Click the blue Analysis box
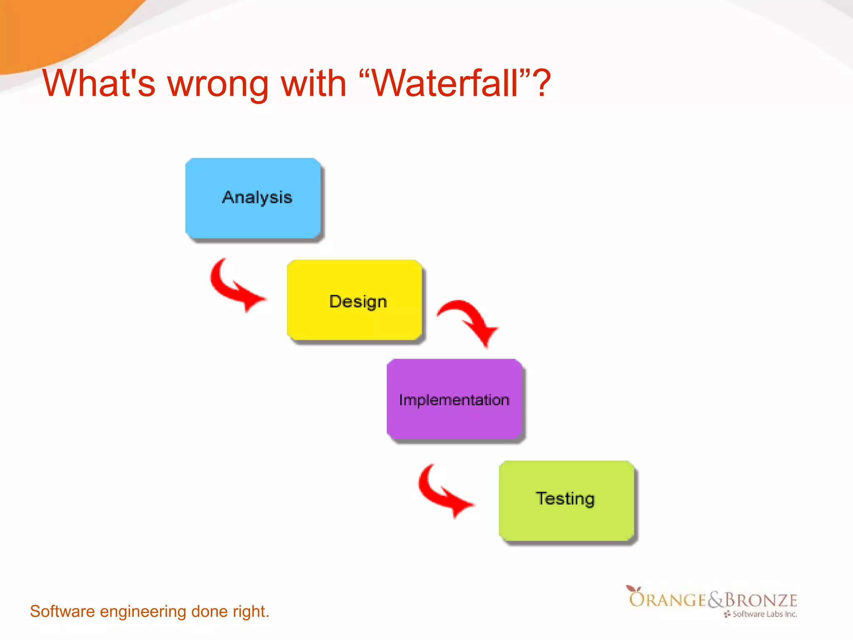[253, 198]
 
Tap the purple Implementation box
[454, 399]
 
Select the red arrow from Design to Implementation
[471, 321]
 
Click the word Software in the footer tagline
[62, 611]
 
